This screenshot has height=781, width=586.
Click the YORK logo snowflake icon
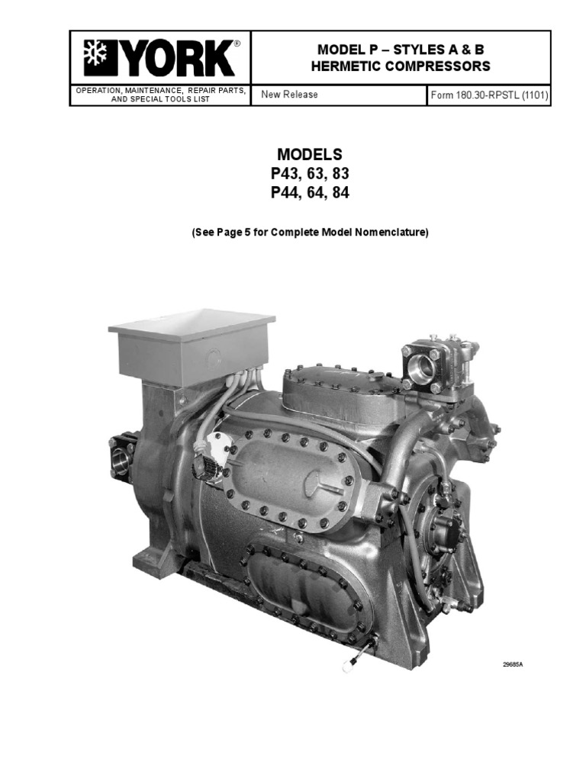click(97, 59)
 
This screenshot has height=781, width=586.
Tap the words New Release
click(289, 95)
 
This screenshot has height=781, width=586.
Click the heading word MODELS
click(309, 156)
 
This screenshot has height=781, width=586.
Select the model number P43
click(285, 174)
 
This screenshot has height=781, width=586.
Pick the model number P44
click(285, 193)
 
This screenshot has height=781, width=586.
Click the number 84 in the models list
click(340, 193)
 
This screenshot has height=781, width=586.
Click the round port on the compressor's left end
click(122, 459)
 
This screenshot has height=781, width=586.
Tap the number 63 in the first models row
click(314, 174)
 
